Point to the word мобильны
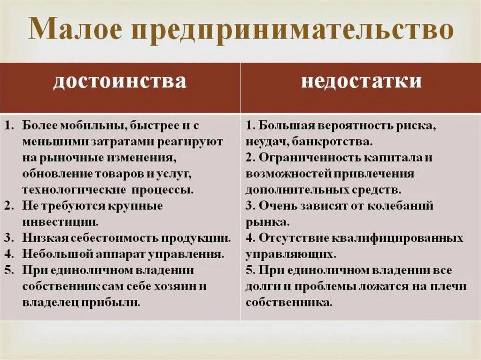coord(89,126)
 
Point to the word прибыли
coord(115,302)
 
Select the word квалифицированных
coord(396,238)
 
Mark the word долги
coord(259,286)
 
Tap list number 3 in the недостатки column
coord(249,206)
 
